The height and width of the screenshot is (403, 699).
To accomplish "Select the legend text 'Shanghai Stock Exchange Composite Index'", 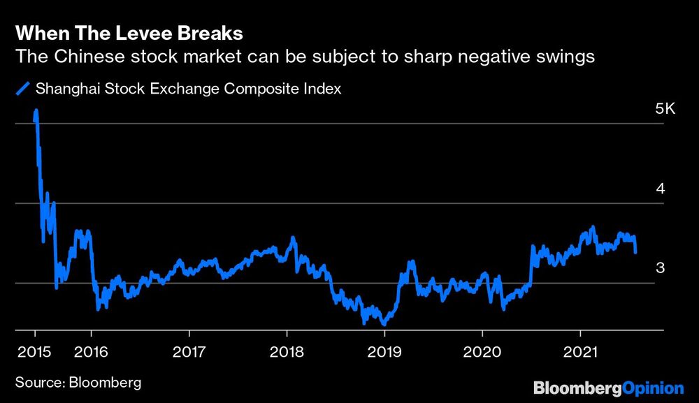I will point(188,89).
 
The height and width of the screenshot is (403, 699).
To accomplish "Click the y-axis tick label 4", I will point(660,189).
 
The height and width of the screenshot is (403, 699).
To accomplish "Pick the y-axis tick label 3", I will point(660,268).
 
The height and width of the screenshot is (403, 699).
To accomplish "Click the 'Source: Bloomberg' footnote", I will point(78,382).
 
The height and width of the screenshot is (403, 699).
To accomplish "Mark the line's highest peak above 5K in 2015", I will point(36,110).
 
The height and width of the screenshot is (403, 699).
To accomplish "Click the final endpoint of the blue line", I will point(635,253).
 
